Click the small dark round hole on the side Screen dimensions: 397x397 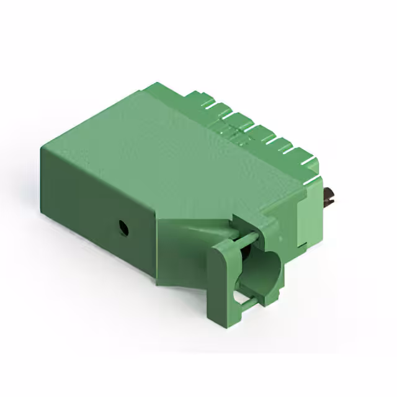pos(123,228)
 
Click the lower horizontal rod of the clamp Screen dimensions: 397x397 pos(248,302)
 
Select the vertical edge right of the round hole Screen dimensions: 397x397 pos(154,248)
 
